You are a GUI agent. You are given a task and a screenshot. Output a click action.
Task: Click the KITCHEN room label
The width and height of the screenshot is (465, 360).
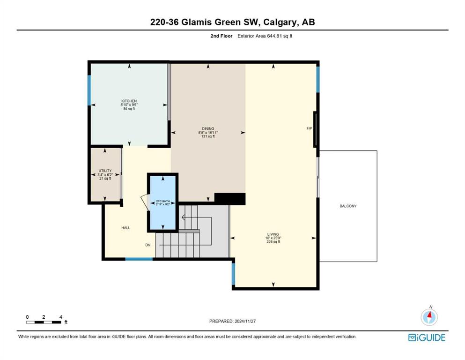(x=129, y=101)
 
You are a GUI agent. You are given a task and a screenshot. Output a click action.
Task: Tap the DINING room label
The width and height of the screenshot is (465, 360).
(x=208, y=129)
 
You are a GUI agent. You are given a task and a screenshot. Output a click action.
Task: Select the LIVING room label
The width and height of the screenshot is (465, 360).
(x=273, y=234)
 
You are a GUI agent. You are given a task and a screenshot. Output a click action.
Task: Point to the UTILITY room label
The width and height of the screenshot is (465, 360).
(x=105, y=171)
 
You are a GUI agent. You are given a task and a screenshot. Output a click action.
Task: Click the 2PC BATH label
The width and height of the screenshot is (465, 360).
(x=163, y=201)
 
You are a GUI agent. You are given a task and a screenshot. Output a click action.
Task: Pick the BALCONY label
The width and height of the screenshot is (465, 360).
(x=348, y=206)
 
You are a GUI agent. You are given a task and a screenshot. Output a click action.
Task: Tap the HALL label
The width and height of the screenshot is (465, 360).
(x=126, y=228)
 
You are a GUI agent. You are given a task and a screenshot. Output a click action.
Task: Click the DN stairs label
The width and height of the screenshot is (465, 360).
(x=148, y=245)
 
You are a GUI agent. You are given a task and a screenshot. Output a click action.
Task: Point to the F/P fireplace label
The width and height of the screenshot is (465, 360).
(x=310, y=128)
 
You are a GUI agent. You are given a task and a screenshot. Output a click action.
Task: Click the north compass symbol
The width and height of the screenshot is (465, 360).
(x=429, y=317)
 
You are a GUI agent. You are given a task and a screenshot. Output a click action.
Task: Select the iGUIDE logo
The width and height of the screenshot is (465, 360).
(x=427, y=338)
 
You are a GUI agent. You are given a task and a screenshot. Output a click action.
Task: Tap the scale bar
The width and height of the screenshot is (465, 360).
(x=44, y=322)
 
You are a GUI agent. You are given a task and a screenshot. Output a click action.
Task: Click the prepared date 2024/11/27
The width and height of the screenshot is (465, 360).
(x=245, y=321)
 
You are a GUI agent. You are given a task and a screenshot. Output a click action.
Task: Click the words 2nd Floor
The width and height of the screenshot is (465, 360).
(x=221, y=36)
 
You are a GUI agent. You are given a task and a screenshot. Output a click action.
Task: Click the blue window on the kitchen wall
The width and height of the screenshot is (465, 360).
(x=89, y=90)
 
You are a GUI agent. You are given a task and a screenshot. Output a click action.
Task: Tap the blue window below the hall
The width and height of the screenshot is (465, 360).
(x=139, y=259)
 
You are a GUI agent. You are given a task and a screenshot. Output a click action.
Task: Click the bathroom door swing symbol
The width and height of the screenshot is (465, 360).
(x=145, y=202)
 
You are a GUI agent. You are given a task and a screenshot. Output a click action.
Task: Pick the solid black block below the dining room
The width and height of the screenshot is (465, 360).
(x=230, y=199)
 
